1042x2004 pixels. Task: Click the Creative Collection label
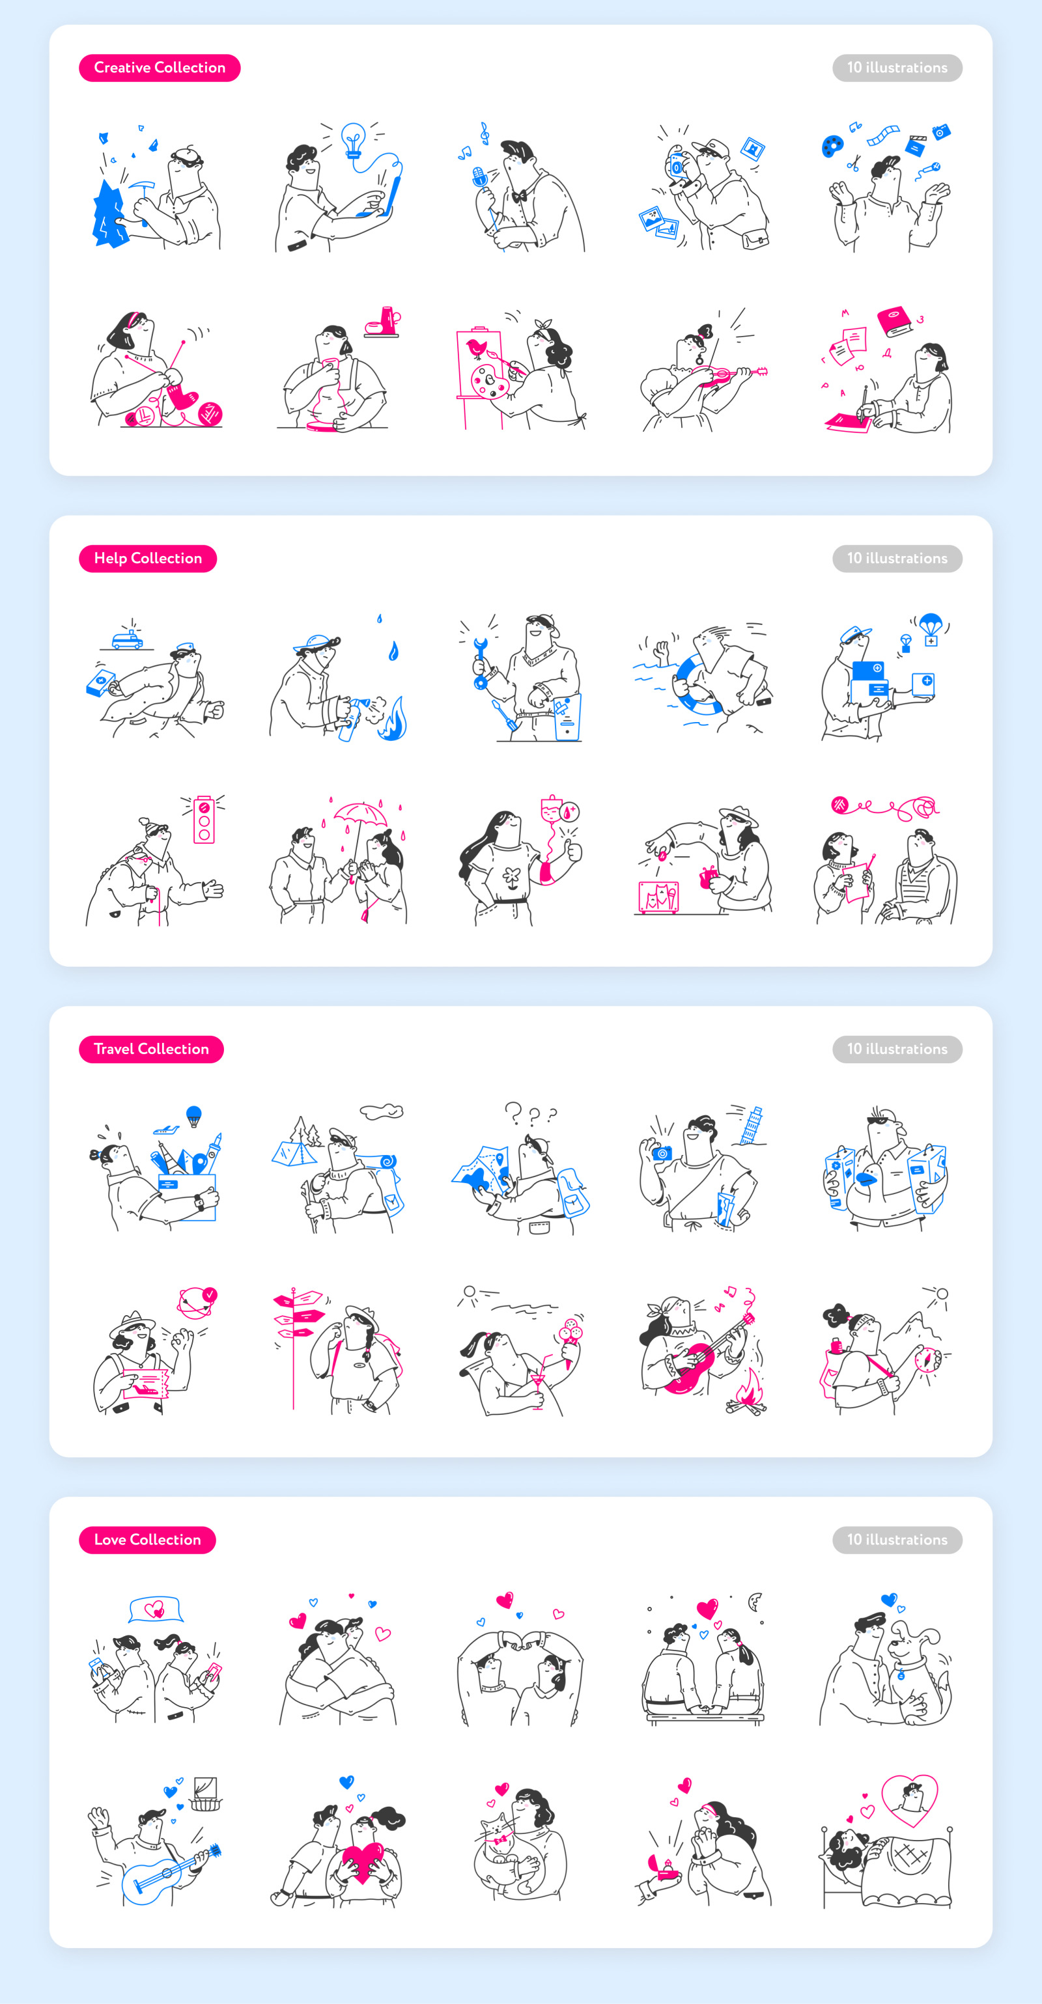pos(160,68)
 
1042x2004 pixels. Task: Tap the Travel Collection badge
pos(151,1049)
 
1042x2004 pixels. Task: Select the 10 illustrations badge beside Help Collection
pos(897,559)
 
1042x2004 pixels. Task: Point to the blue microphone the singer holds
pos(479,178)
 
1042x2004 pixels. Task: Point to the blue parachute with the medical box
pos(930,630)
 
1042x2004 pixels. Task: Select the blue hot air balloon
pos(194,1115)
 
